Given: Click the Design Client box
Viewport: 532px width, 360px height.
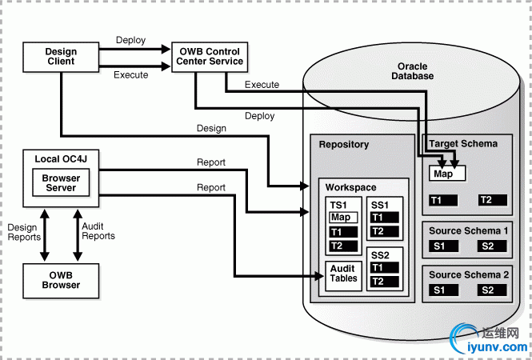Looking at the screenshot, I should tap(61, 57).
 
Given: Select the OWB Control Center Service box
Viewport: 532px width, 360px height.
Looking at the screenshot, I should tap(211, 57).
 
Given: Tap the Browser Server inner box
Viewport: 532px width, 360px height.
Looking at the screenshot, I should tap(62, 183).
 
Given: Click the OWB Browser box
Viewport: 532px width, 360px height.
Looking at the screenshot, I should tap(62, 280).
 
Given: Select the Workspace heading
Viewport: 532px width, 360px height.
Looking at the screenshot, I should tap(350, 188).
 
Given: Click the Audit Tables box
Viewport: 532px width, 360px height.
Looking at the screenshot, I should tap(343, 274).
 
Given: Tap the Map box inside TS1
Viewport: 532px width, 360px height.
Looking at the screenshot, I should tap(341, 217).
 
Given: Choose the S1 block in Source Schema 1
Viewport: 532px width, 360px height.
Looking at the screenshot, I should tap(439, 246).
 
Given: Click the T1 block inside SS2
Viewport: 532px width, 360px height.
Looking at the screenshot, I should tap(383, 267).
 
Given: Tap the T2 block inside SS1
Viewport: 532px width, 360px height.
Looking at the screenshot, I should tap(383, 232).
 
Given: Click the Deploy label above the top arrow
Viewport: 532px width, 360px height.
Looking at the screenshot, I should tap(131, 40).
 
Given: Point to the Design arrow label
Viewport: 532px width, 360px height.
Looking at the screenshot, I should tap(211, 128).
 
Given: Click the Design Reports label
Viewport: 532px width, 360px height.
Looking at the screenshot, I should tap(24, 231).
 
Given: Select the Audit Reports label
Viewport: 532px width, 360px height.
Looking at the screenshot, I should tap(98, 231).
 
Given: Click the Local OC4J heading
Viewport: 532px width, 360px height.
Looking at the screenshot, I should tap(61, 160).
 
